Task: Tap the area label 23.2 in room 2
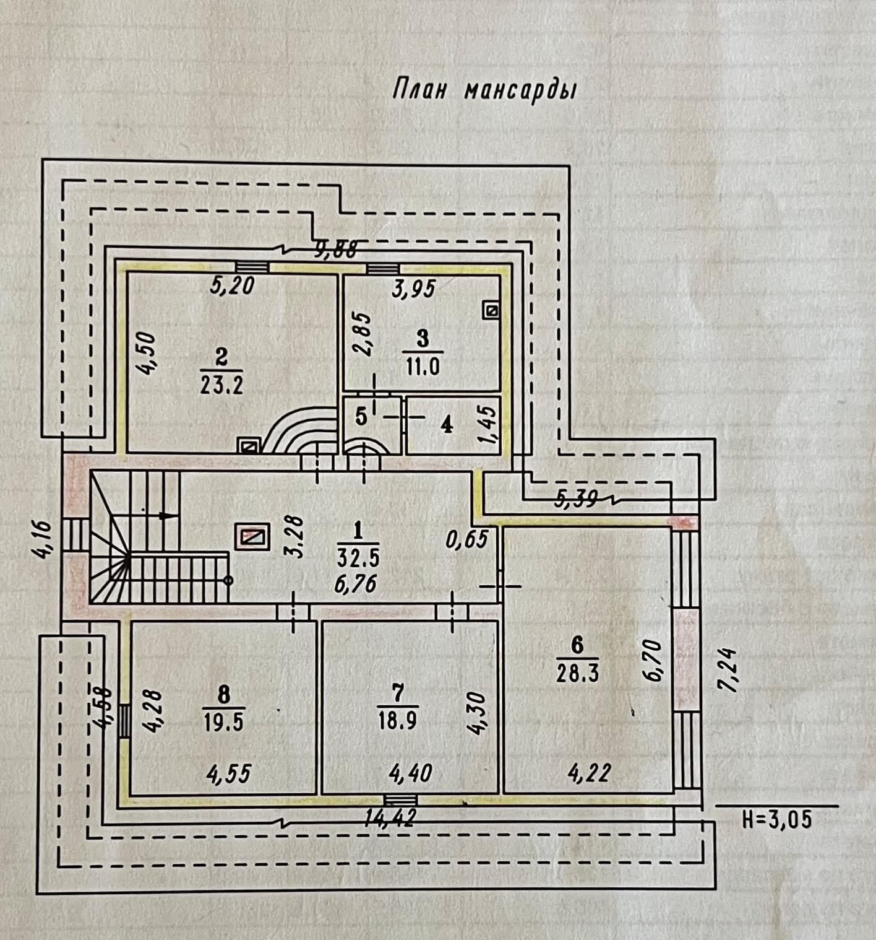click(x=221, y=385)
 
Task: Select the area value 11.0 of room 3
click(x=423, y=367)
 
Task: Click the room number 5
click(x=361, y=417)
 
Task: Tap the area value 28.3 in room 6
click(x=577, y=673)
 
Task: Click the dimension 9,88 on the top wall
click(x=337, y=249)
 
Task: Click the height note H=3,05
click(x=776, y=820)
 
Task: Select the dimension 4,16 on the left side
click(x=45, y=539)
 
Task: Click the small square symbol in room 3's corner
click(x=492, y=310)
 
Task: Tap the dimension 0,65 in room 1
click(x=467, y=539)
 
